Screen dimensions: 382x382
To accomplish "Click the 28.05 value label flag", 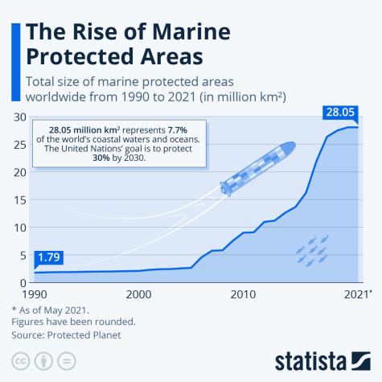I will point(341,112).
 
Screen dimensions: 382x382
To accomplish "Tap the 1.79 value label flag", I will point(48,258).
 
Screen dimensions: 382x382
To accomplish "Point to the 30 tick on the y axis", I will point(18,118).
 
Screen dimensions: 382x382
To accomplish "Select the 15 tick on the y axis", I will point(18,200).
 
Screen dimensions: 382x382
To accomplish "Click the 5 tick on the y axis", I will point(22,255).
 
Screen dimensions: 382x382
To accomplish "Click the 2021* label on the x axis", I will point(355,294).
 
